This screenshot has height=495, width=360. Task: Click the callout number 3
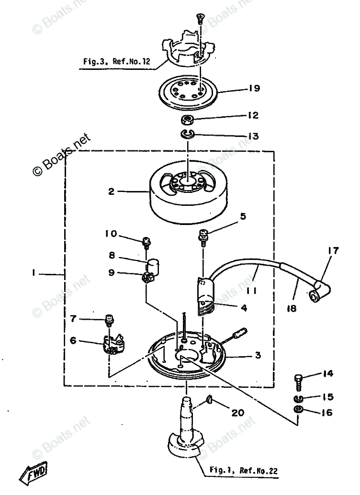(x=257, y=355)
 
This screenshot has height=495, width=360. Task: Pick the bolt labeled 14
(x=298, y=380)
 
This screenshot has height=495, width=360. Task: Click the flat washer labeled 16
(x=297, y=410)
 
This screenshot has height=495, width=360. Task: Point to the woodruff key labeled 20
(x=210, y=400)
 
